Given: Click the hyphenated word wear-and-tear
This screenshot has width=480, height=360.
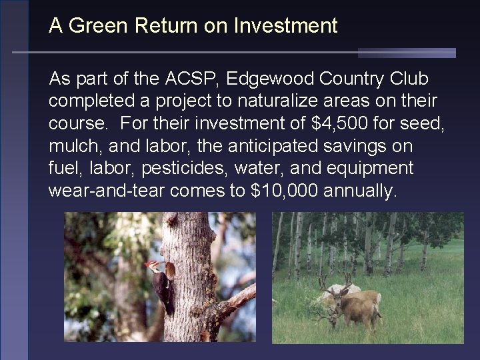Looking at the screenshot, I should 107,191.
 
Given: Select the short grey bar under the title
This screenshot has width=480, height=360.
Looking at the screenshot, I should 407,53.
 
